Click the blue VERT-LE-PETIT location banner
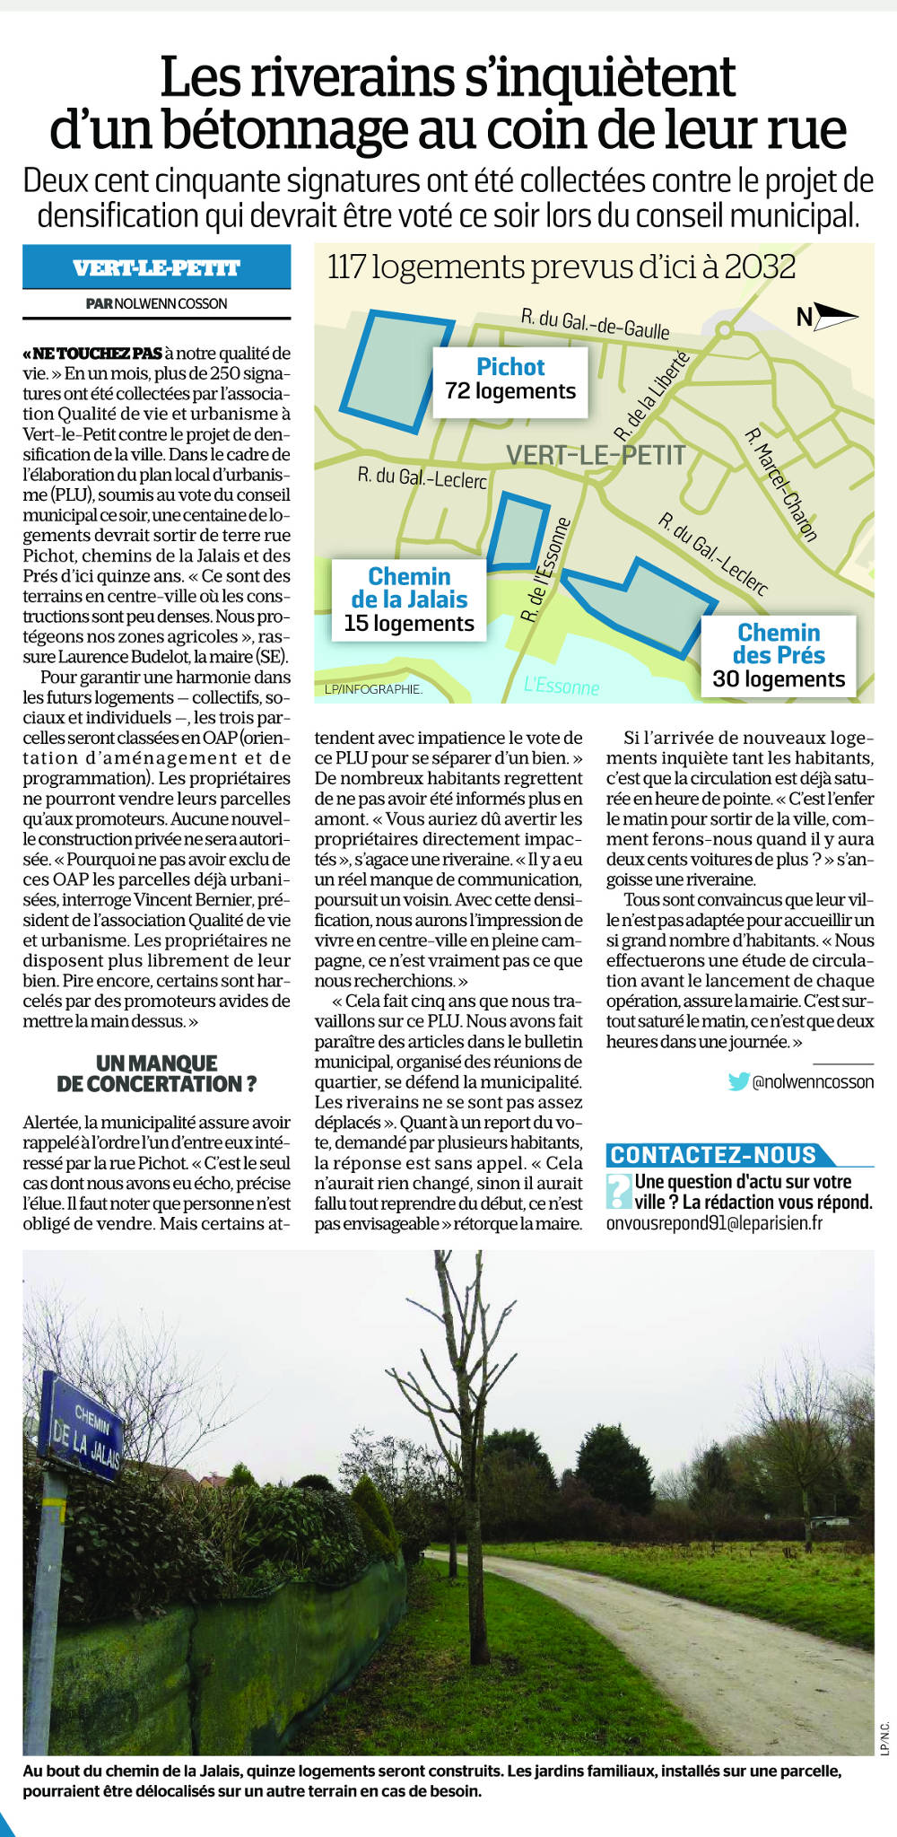click(x=156, y=267)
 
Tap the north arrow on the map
click(x=827, y=316)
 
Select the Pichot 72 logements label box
click(x=510, y=381)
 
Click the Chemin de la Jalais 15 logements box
click(x=409, y=599)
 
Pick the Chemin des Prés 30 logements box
click(x=779, y=656)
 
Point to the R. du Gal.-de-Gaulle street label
click(x=595, y=324)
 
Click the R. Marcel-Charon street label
click(x=781, y=485)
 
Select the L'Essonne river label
click(x=562, y=687)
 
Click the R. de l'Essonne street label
click(x=545, y=570)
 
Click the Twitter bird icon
click(x=738, y=1081)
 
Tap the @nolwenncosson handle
click(x=813, y=1082)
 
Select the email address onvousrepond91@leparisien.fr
click(x=714, y=1222)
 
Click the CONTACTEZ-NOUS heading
click(x=714, y=1155)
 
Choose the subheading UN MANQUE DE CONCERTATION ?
click(x=156, y=1073)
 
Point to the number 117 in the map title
click(x=346, y=267)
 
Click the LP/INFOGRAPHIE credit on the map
click(x=373, y=689)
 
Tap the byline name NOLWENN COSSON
click(x=171, y=303)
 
